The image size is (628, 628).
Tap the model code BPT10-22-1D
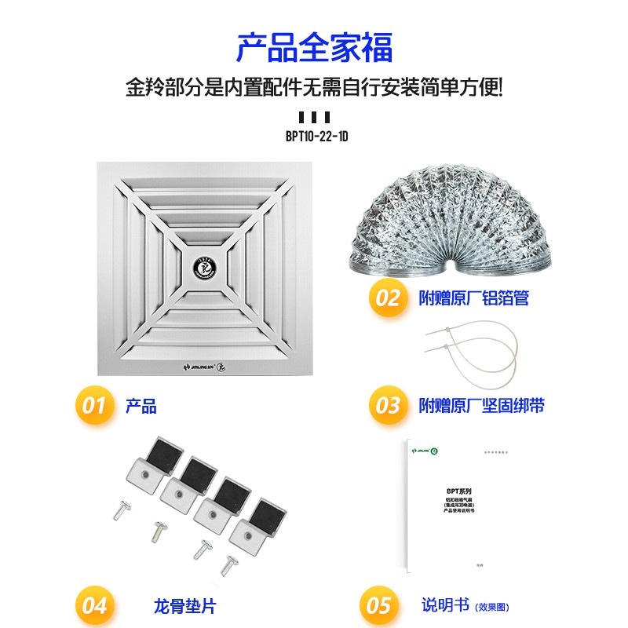click(316, 136)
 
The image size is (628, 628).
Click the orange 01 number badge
click(93, 405)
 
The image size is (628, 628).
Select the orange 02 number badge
click(389, 298)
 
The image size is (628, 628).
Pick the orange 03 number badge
click(389, 405)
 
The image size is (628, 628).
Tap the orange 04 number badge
click(93, 605)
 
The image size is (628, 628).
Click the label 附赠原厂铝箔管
click(473, 298)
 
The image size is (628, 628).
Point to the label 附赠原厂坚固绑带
click(481, 406)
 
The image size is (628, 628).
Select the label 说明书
click(444, 605)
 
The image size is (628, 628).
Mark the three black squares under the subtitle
click(315, 117)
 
